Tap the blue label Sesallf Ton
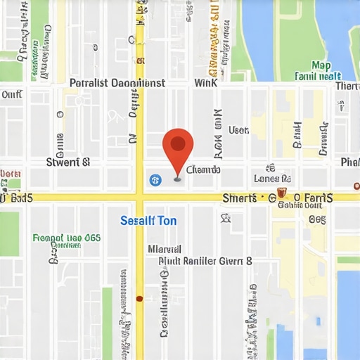(148, 221)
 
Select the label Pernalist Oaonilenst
(117, 83)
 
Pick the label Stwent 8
(67, 162)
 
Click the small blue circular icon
(155, 180)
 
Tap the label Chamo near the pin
(205, 169)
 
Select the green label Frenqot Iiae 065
(67, 238)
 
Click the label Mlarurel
(165, 249)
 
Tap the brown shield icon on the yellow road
(281, 193)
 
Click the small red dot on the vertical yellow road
(139, 298)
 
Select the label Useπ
(239, 130)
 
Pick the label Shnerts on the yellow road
(239, 198)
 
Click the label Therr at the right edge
(347, 86)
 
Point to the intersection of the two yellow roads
(139, 198)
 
